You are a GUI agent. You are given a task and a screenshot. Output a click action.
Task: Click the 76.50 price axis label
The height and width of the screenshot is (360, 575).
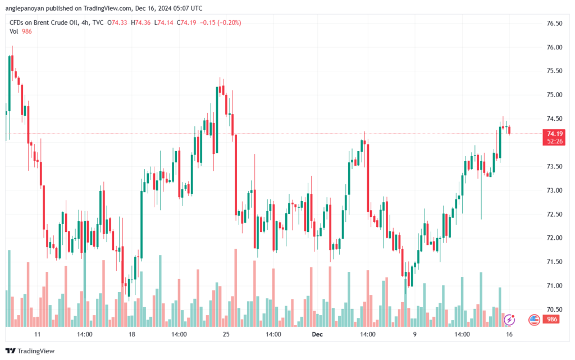[554, 24]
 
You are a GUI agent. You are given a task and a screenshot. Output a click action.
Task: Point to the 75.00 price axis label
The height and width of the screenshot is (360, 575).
[554, 95]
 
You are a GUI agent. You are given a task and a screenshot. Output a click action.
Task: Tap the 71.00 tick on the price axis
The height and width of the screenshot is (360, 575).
[554, 286]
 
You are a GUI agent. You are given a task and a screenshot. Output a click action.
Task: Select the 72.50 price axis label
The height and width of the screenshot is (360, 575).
[554, 214]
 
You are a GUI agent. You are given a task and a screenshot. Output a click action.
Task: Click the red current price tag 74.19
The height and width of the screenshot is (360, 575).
[555, 134]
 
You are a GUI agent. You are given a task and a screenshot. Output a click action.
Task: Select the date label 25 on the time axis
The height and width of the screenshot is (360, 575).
[226, 334]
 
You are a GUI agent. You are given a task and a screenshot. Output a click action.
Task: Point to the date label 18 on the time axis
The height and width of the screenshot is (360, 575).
[132, 334]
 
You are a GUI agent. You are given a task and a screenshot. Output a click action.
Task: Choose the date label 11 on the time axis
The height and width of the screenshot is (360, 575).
[38, 334]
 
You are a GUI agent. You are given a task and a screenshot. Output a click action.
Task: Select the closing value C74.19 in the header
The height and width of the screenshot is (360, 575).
[189, 22]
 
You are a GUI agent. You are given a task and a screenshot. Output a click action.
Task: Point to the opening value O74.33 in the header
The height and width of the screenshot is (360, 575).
[118, 22]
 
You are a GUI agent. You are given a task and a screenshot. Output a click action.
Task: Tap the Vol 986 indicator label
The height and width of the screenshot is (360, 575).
[21, 31]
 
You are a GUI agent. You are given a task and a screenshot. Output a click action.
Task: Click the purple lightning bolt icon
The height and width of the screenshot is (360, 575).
[509, 320]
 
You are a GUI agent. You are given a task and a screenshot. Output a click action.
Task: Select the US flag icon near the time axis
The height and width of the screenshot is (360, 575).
[535, 320]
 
